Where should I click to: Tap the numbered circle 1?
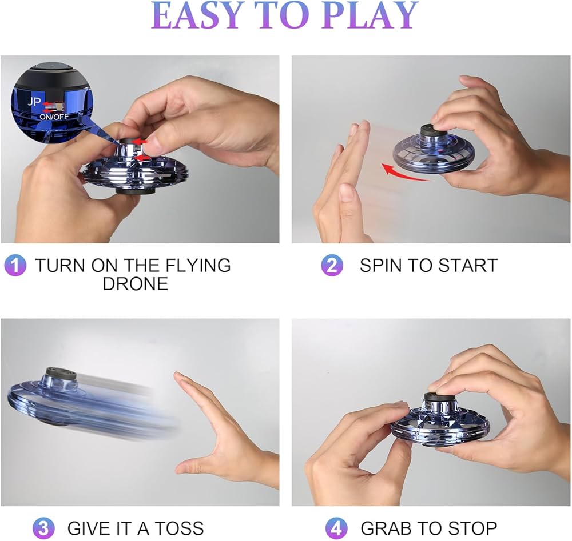tap(15, 266)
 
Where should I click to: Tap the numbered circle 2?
tap(332, 266)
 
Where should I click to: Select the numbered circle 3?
tap(43, 527)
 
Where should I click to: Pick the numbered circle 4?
tap(336, 527)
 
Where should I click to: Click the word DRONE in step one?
tap(136, 284)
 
